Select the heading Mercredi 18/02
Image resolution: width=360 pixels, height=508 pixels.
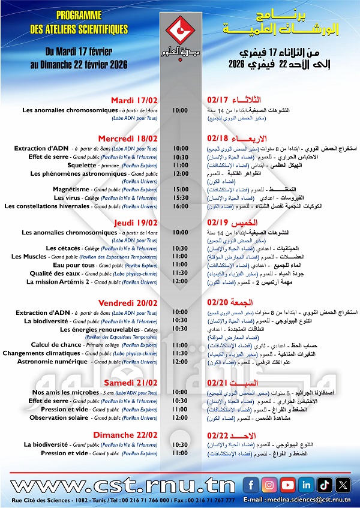tap(128, 138)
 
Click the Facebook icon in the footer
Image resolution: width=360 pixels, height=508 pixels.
tap(251, 484)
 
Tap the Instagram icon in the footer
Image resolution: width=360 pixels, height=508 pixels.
tap(269, 484)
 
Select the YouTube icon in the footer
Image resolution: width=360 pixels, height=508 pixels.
tap(288, 484)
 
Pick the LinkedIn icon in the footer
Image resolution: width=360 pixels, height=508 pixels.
tap(307, 484)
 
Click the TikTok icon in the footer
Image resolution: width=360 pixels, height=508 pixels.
tap(325, 484)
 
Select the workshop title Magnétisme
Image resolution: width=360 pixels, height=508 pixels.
tap(71, 189)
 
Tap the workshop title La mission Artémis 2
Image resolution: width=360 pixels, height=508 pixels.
tap(58, 281)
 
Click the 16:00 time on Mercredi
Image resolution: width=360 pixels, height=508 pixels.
tap(180, 206)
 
